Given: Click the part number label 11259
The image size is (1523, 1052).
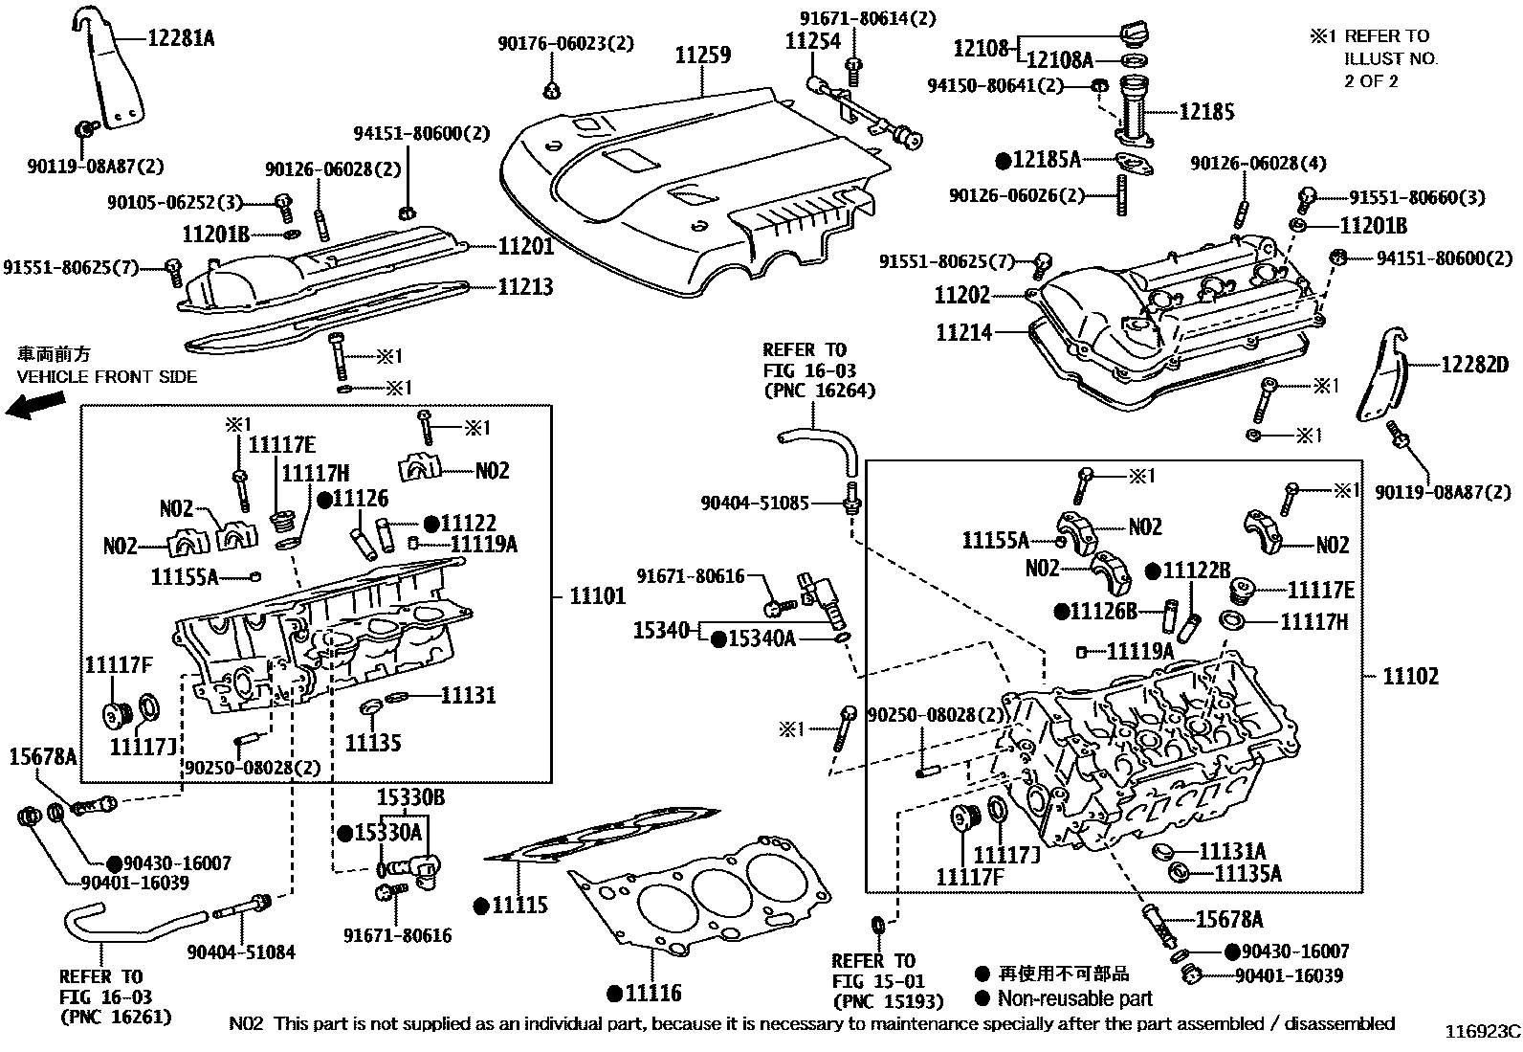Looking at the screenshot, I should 703,56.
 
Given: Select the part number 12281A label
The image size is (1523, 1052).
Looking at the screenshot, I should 182,38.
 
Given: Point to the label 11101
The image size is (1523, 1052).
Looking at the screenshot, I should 597,596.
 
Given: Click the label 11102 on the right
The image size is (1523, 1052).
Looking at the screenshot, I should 1410,676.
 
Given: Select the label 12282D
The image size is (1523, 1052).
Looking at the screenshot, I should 1473,364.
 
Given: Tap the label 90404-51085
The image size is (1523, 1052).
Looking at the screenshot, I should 754,502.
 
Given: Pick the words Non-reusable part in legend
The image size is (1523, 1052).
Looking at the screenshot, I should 1074,998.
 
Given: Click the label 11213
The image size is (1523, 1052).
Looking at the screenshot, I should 525,286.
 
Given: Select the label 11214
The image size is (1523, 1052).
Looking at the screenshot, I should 963,332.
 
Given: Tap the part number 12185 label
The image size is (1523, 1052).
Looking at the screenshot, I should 1206,111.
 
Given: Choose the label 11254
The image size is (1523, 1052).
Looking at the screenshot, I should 812,41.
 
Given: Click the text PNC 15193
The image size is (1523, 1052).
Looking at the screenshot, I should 887,1002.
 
